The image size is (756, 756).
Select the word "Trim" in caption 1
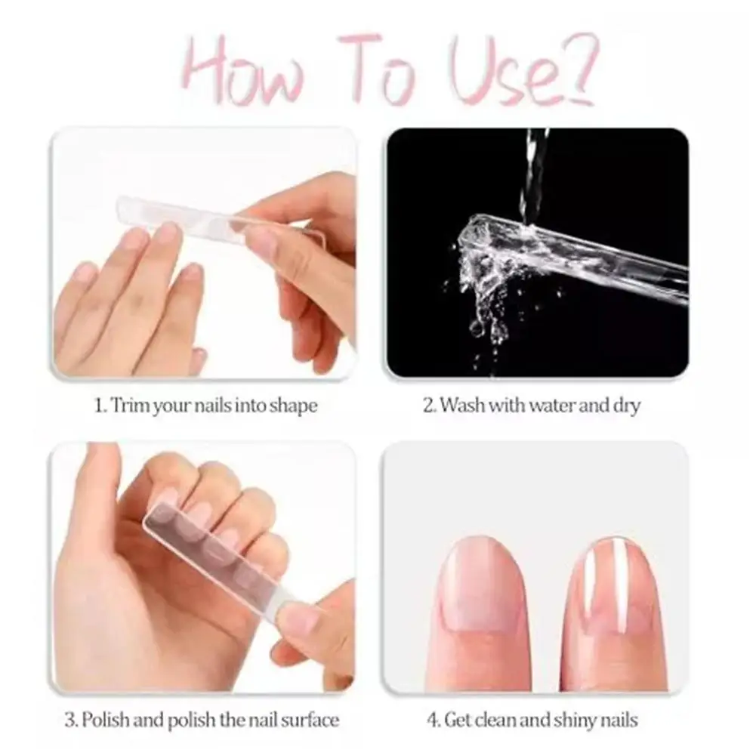(130, 406)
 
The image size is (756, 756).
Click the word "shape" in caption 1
(293, 406)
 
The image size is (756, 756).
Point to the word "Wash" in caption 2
(461, 406)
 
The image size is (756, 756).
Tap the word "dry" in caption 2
(625, 406)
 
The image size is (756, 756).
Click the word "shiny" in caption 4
(573, 719)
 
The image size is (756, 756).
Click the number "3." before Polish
(71, 719)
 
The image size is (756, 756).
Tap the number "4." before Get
(433, 719)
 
